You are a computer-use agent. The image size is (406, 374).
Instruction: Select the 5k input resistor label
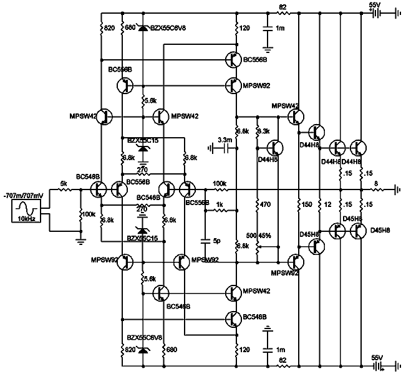(x=64, y=183)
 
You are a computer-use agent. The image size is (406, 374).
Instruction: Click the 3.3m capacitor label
(x=224, y=140)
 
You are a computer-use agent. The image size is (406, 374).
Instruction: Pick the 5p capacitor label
(x=216, y=240)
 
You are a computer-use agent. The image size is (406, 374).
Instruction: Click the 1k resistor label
(x=220, y=204)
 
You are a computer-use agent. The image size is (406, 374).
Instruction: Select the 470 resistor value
(x=266, y=204)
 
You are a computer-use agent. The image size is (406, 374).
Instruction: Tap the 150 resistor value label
(x=306, y=204)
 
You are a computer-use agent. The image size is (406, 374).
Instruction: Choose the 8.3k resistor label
(x=263, y=132)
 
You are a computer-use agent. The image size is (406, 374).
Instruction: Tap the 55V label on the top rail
(x=375, y=5)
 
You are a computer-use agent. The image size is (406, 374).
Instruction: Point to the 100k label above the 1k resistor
(x=220, y=183)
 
